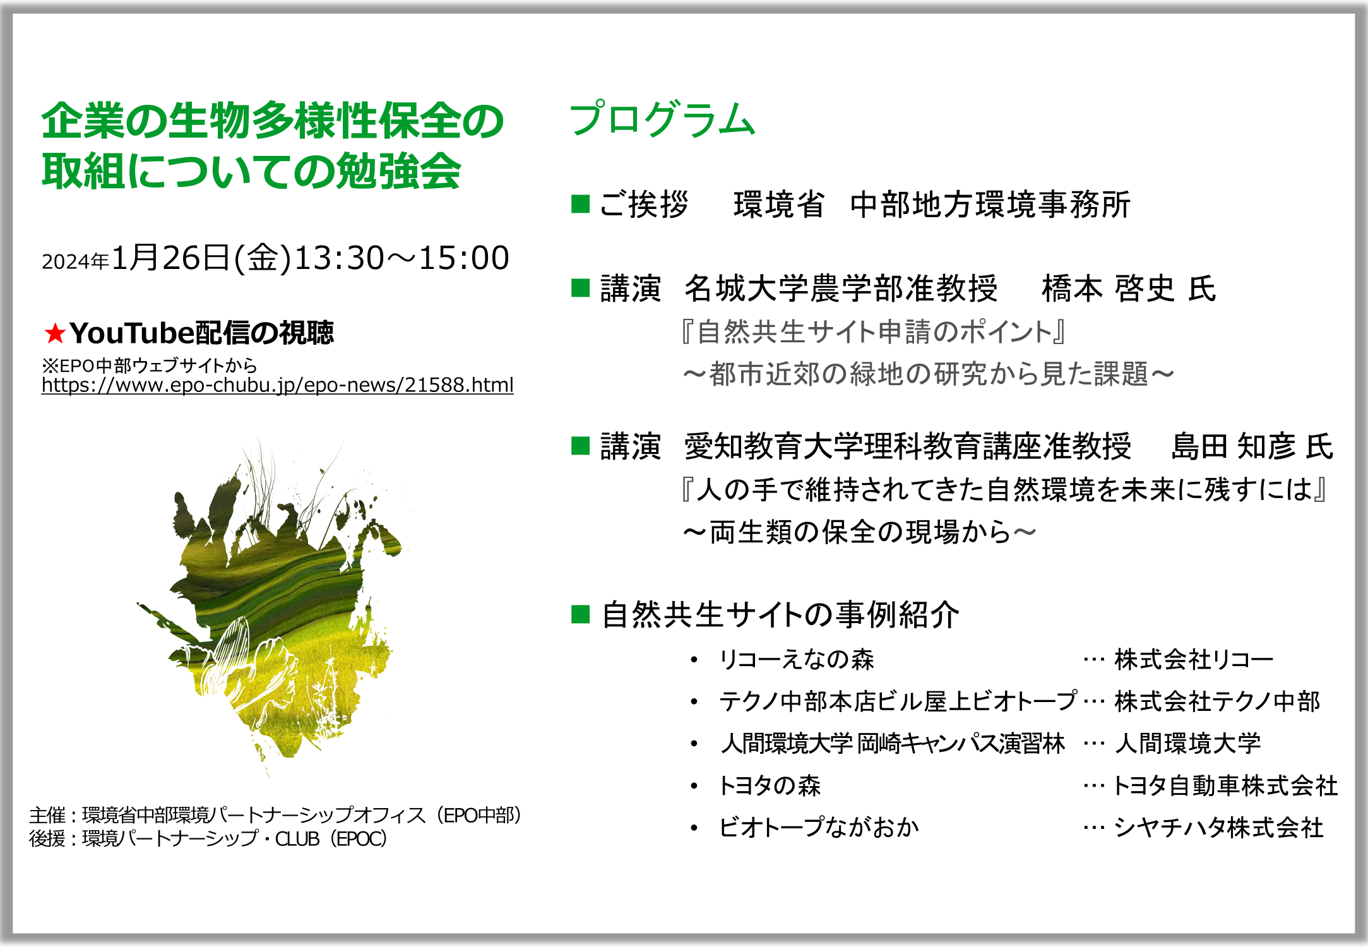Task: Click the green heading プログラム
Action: tap(662, 119)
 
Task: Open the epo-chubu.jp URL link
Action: tap(278, 384)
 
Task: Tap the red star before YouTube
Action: tap(55, 333)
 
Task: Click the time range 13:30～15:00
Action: tap(401, 258)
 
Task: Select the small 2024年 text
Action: tap(76, 261)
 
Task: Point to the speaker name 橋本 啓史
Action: tap(1108, 289)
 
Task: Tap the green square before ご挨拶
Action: tap(580, 204)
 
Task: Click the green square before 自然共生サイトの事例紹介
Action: tap(580, 614)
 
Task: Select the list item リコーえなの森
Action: tap(796, 659)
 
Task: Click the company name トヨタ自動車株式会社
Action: tap(1225, 785)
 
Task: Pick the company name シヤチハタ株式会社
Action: tap(1218, 827)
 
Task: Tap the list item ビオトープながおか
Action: tap(819, 827)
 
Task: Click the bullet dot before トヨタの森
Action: tap(694, 786)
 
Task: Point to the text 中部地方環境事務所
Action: tap(990, 205)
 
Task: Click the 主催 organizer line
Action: tap(276, 815)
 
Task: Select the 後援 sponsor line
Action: tap(208, 838)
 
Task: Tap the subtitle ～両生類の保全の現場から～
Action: tap(859, 532)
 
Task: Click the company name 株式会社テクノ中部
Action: tap(1217, 701)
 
